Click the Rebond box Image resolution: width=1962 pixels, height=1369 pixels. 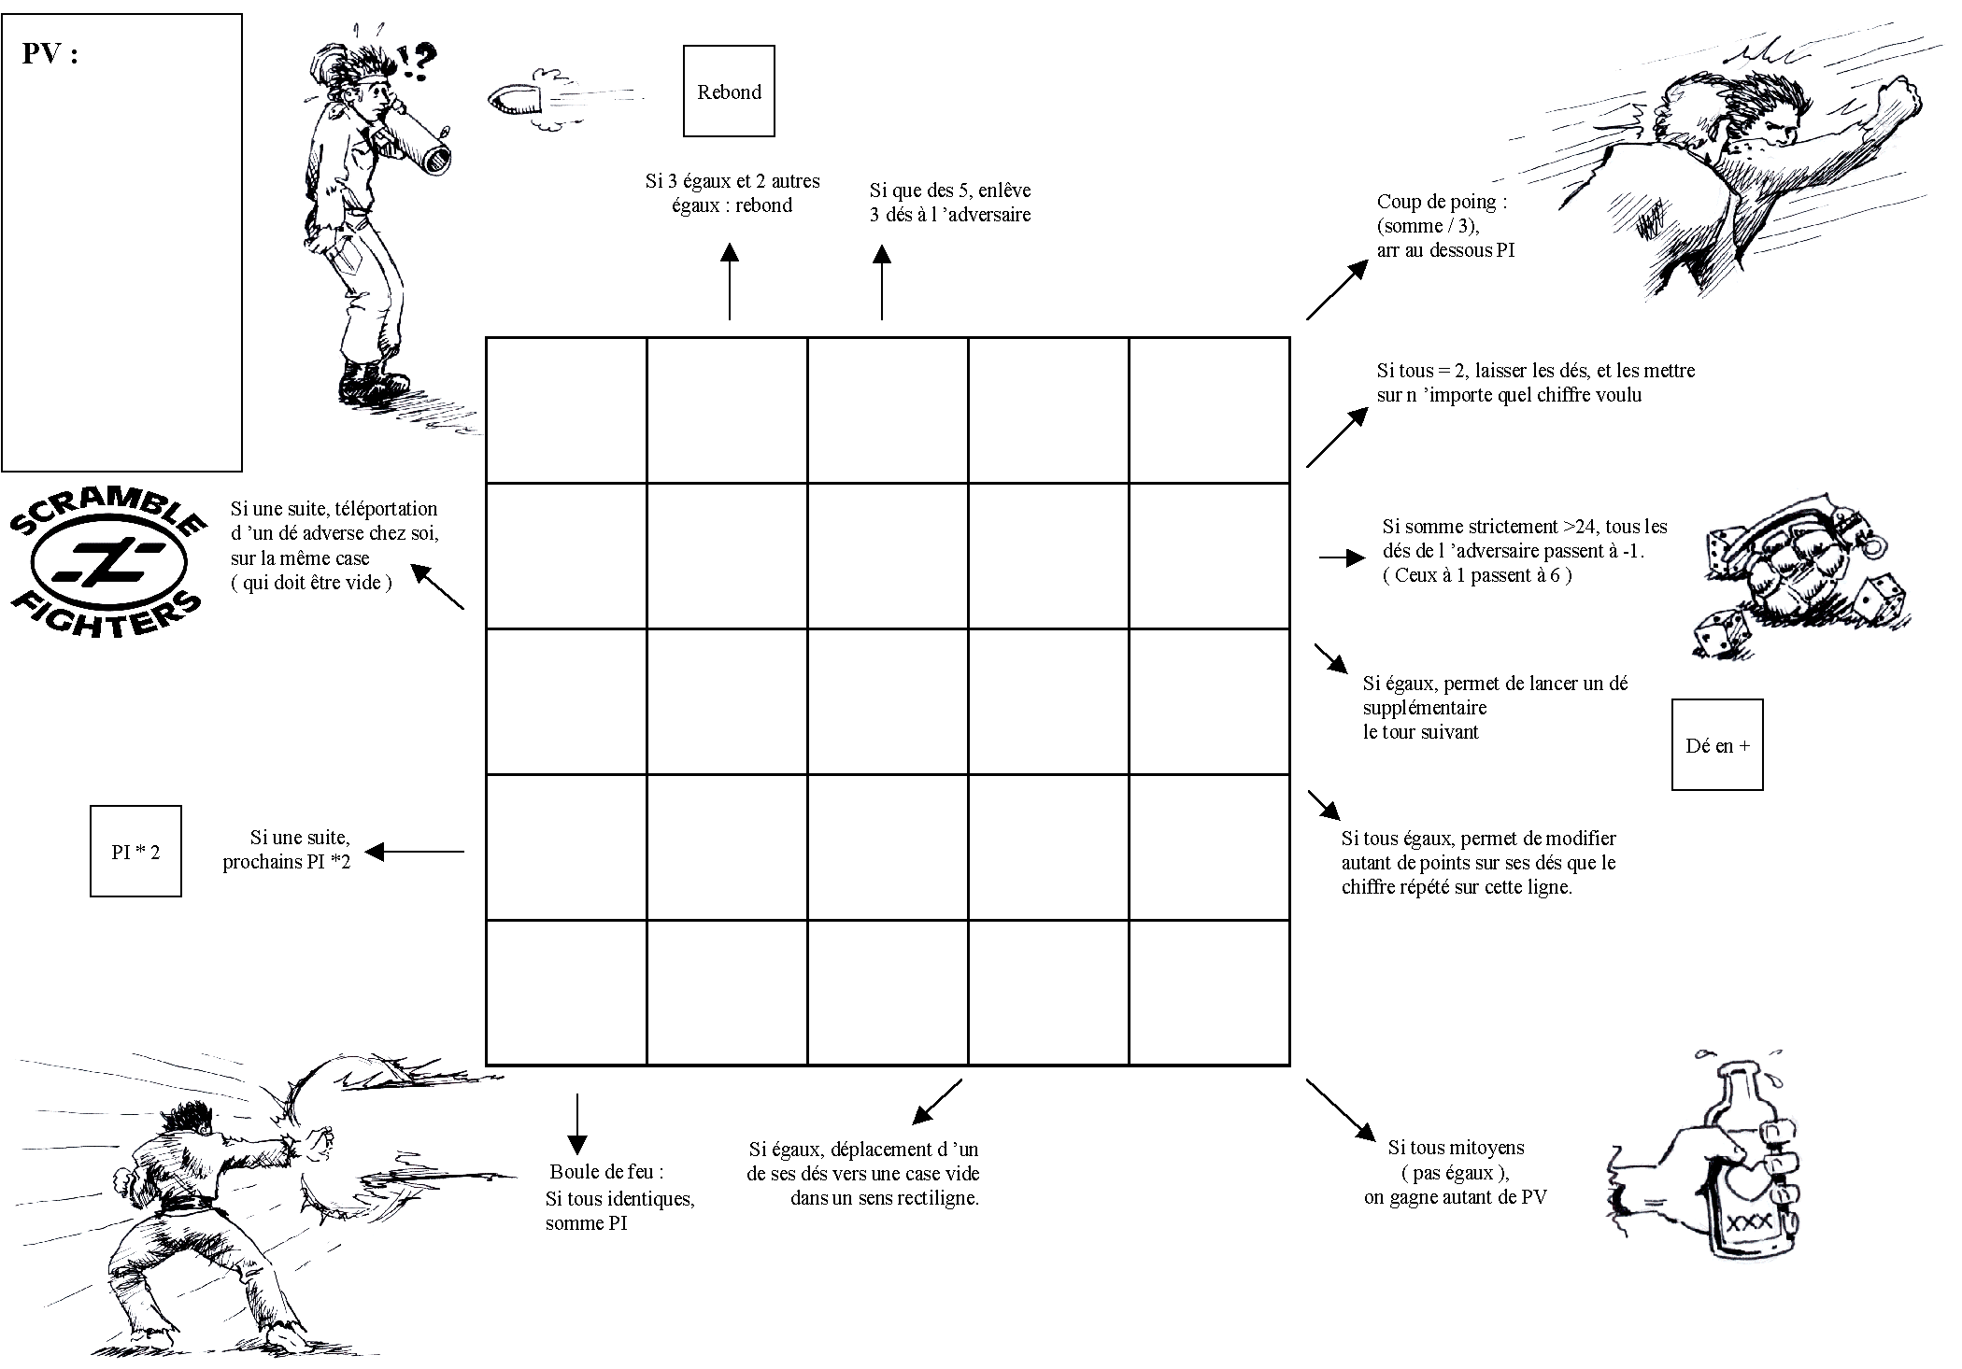pyautogui.click(x=729, y=92)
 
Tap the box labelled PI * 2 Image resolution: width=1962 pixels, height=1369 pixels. pyautogui.click(x=135, y=852)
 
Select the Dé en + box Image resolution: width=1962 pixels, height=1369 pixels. pyautogui.click(x=1716, y=745)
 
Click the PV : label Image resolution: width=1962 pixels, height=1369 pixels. pyautogui.click(x=50, y=54)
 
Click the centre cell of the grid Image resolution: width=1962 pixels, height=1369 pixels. pyautogui.click(x=888, y=702)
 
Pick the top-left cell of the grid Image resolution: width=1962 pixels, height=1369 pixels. pyautogui.click(x=566, y=411)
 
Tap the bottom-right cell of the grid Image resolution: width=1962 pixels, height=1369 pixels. pyautogui.click(x=1209, y=993)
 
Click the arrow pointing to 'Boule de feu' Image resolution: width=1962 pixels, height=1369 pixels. pyautogui.click(x=577, y=1124)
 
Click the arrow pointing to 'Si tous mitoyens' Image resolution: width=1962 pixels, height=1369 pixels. pyautogui.click(x=1342, y=1111)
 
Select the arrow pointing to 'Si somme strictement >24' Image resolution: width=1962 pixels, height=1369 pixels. pyautogui.click(x=1342, y=558)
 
